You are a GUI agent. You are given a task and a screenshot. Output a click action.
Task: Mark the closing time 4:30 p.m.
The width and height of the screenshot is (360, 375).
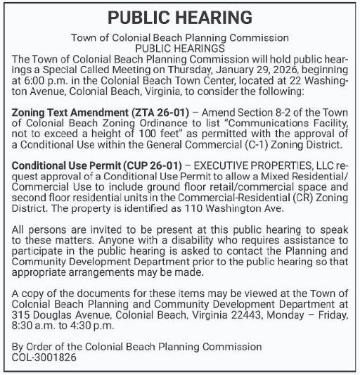click(x=90, y=324)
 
